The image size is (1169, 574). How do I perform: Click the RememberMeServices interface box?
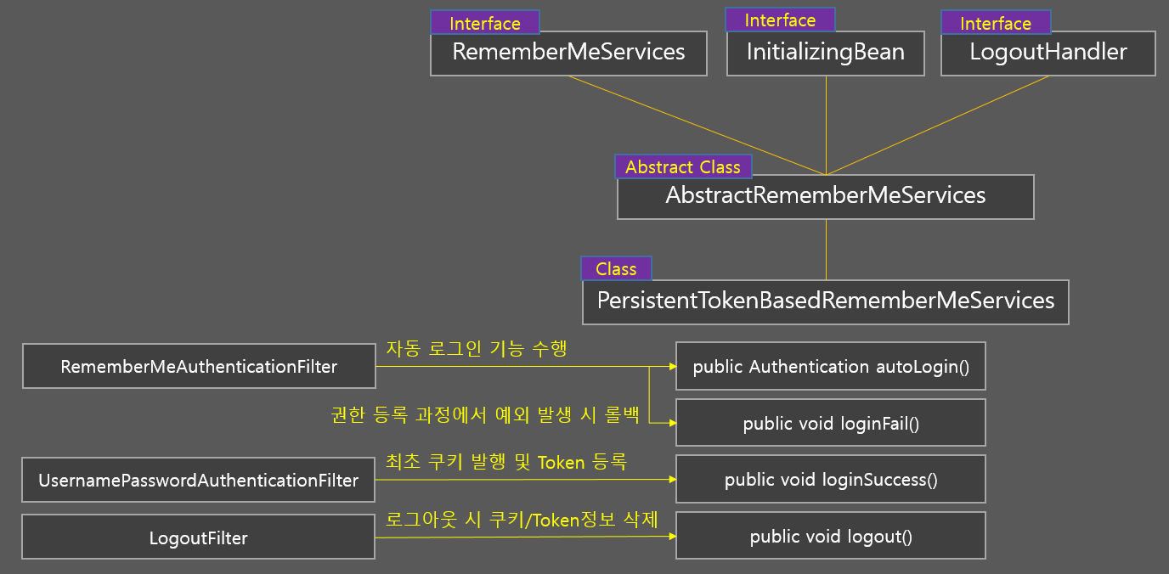568,53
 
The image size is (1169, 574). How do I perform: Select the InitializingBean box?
826,53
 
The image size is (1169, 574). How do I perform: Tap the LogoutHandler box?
1048,53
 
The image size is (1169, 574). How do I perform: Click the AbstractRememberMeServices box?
825,197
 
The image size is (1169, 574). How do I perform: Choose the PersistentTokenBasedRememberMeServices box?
825,302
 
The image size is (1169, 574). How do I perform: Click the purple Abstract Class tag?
683,167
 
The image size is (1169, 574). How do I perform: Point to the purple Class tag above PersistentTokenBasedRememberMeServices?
616,269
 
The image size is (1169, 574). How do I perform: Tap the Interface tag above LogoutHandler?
996,24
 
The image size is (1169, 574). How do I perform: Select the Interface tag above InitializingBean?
780,20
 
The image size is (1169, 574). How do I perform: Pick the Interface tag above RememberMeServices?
484,24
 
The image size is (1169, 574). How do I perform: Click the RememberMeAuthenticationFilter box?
199,367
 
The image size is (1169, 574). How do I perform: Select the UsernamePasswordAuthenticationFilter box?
198,481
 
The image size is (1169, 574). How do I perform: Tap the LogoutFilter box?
198,537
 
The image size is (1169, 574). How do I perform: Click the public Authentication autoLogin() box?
831,367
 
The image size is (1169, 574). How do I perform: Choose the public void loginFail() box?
831,423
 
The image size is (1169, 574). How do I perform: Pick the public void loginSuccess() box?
831,480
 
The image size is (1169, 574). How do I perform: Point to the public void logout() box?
831,537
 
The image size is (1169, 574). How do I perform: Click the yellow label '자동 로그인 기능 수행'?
477,348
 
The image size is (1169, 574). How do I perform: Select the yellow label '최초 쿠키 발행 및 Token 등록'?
506,462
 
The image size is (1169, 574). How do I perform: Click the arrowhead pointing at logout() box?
672,537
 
